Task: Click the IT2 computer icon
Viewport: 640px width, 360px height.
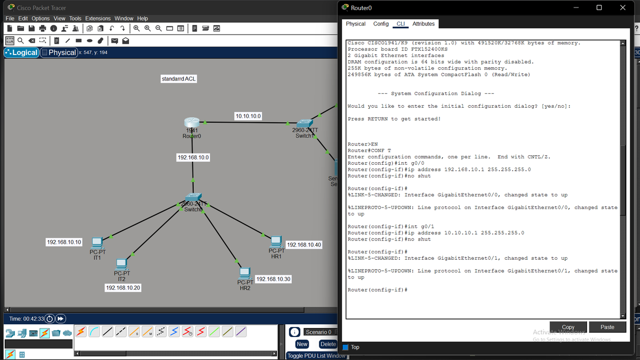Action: tap(121, 264)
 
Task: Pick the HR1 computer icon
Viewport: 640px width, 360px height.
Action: tap(276, 242)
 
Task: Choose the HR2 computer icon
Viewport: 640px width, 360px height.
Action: tap(245, 273)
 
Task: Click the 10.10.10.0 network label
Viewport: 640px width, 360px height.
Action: tap(247, 116)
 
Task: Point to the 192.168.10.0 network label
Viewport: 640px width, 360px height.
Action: tap(193, 157)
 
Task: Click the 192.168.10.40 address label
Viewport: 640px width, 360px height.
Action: tap(304, 245)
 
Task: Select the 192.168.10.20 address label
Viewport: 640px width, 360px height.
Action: tap(123, 287)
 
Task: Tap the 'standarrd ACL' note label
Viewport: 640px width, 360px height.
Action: tap(179, 79)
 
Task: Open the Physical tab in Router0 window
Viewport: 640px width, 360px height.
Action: tap(355, 24)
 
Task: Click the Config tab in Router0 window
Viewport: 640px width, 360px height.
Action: tap(381, 24)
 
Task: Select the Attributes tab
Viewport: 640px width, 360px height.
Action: tap(423, 24)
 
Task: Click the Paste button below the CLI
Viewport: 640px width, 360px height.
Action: tap(607, 327)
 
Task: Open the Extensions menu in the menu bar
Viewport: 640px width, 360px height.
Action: tap(98, 18)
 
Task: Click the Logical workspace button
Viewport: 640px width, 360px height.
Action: tap(21, 52)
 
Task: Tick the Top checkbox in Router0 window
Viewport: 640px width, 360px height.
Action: tap(345, 347)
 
